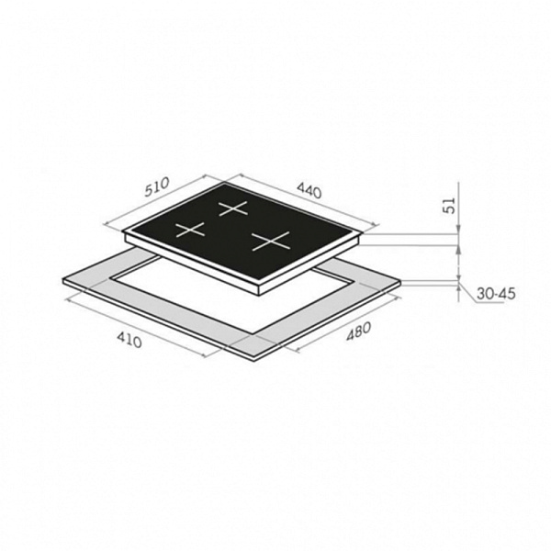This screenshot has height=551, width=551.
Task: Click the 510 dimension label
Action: [157, 186]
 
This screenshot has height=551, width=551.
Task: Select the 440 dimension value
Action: [309, 191]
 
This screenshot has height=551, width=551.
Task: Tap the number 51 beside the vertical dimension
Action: [450, 205]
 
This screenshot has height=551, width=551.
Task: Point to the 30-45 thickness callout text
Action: [496, 294]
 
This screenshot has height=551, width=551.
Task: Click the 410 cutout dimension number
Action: [129, 340]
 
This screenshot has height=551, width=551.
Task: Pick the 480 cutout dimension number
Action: [358, 332]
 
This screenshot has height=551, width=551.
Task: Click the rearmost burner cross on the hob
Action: [233, 208]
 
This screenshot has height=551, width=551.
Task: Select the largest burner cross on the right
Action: [271, 241]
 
